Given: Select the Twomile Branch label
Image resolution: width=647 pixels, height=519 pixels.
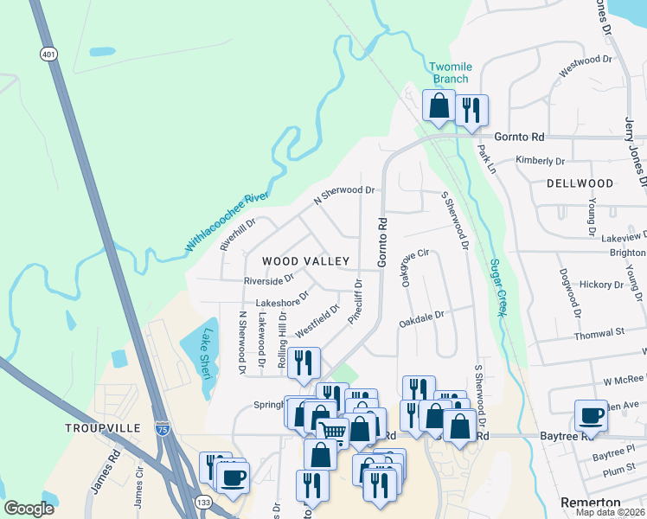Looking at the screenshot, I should pos(451,73).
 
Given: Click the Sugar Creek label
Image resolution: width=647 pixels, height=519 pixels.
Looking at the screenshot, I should pos(497,288).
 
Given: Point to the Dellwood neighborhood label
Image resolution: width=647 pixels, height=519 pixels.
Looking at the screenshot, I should pos(580,183).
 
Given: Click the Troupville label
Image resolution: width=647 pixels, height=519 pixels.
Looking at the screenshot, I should pos(102,428).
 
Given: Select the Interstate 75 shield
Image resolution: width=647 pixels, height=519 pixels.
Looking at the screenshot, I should pos(162,428).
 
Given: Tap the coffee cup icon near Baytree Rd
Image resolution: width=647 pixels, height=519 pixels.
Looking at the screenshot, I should pos(592,415).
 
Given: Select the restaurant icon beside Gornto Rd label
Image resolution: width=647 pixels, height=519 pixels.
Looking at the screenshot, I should pos(471,110).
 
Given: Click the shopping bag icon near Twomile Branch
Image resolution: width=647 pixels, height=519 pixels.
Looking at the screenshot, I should pos(439,106).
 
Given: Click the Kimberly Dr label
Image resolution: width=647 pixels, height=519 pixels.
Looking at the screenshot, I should pos(540,161).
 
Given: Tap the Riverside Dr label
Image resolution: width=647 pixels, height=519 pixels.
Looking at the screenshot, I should pos(269,279).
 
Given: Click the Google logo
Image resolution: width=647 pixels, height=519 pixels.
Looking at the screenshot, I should pos(29,509).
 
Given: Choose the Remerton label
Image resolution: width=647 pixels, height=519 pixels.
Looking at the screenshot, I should pos(591,503).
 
